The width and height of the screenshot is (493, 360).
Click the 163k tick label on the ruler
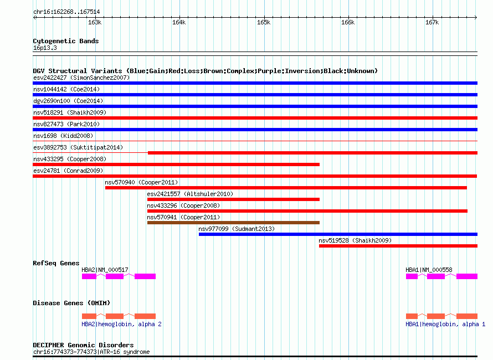click(95, 22)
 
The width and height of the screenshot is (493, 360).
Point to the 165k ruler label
click(264, 22)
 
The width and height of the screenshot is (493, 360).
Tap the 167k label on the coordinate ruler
click(432, 22)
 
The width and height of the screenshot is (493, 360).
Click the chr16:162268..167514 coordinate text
click(66, 12)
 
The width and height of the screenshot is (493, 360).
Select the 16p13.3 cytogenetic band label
click(45, 48)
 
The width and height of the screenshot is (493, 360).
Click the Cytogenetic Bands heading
click(66, 41)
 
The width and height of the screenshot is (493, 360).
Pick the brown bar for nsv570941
click(233, 223)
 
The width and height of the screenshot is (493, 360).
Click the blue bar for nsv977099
click(338, 234)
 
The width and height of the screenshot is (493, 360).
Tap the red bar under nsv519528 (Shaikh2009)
click(398, 246)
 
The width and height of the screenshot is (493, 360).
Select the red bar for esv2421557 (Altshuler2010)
click(233, 199)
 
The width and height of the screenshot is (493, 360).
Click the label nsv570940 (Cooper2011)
click(141, 182)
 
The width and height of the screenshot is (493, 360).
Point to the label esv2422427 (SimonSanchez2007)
click(81, 78)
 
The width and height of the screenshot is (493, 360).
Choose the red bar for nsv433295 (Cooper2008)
click(176, 164)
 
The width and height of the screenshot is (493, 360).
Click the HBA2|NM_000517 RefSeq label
click(105, 270)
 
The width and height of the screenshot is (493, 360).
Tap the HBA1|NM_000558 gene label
click(429, 270)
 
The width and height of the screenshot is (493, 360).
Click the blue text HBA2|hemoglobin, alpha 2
click(121, 324)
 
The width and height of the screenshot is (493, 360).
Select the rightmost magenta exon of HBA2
click(145, 276)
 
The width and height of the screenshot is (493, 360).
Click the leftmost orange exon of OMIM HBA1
click(412, 316)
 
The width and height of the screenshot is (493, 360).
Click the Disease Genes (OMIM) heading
click(71, 303)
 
